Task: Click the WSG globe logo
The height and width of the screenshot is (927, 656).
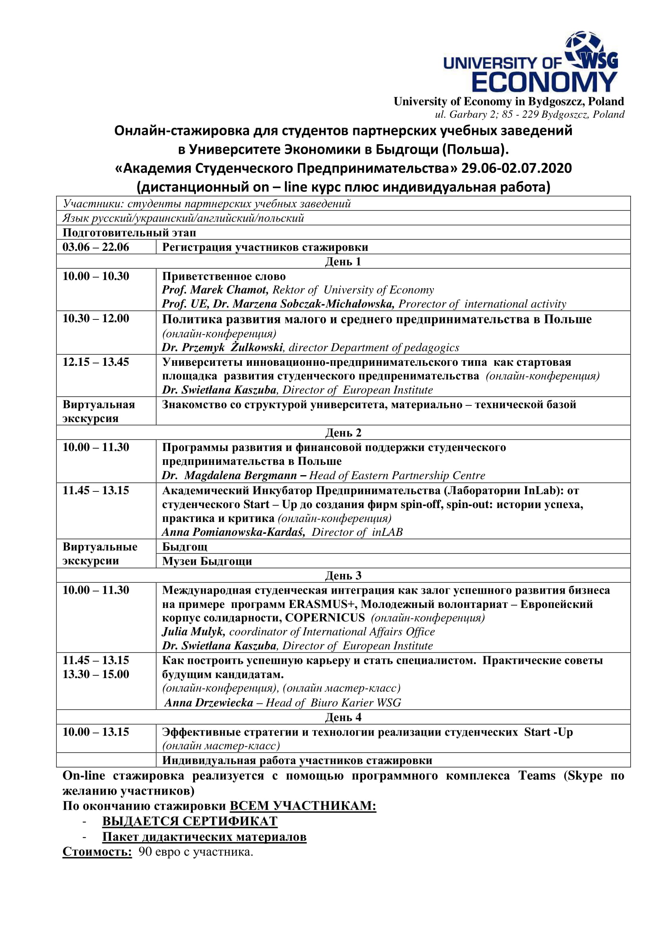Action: [x=591, y=51]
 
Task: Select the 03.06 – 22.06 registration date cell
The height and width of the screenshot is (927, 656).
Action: [x=96, y=247]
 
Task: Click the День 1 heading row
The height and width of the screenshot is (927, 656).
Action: [x=343, y=262]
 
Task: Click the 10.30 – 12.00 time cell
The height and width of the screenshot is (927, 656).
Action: [x=96, y=319]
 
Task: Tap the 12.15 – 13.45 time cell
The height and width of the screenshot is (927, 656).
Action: [x=96, y=362]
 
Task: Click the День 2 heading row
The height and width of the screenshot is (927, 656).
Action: [x=343, y=433]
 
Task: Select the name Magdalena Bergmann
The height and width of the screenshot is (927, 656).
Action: [x=240, y=476]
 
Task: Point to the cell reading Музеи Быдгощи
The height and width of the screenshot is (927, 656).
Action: [x=207, y=561]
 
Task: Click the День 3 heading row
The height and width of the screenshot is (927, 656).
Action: [x=343, y=575]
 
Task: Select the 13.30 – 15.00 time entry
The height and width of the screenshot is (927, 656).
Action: [x=96, y=674]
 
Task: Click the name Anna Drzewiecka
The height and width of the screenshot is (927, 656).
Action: [x=209, y=703]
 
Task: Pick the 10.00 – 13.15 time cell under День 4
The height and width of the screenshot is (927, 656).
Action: [x=96, y=732]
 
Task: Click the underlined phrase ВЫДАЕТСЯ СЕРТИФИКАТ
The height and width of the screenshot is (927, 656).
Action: [x=190, y=821]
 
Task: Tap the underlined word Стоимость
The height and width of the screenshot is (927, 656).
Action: [x=97, y=852]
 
